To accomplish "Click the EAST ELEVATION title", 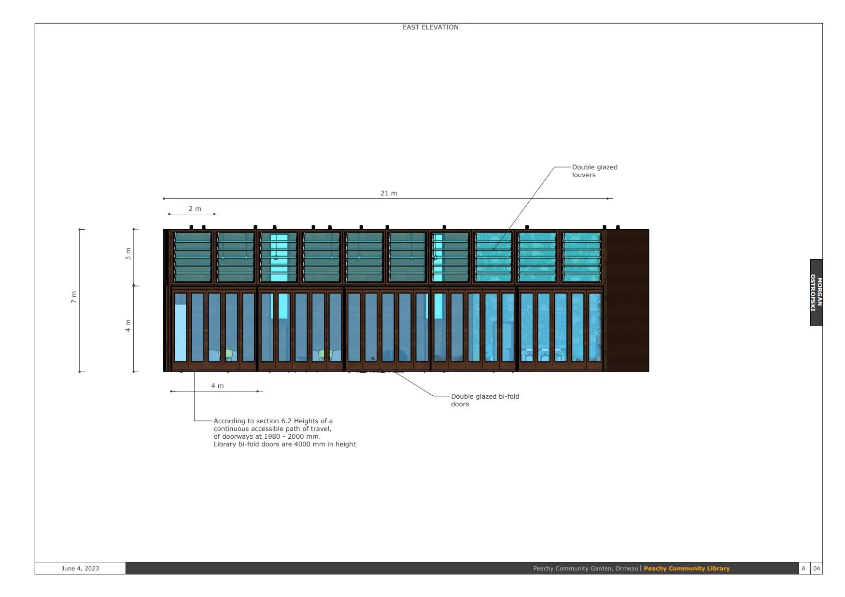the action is point(430,27).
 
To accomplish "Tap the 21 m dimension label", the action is point(389,193).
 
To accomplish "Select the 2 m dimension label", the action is point(195,208).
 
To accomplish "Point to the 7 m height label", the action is point(74,297).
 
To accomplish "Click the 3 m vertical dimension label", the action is point(128,254).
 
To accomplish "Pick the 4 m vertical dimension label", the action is point(128,326).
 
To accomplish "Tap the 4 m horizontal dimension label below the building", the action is point(217,386).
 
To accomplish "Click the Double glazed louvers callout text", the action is point(594,171).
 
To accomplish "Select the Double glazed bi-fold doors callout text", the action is point(485,400).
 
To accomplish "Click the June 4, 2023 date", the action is point(80,568).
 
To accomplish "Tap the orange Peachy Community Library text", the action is point(687,568).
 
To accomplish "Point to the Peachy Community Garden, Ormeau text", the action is point(585,568).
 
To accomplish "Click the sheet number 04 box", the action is point(817,568).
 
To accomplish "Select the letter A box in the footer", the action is point(803,568).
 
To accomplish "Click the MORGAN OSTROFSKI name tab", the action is point(816,292).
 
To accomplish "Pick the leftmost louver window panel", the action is point(193,257).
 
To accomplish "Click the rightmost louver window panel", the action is point(581,257).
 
